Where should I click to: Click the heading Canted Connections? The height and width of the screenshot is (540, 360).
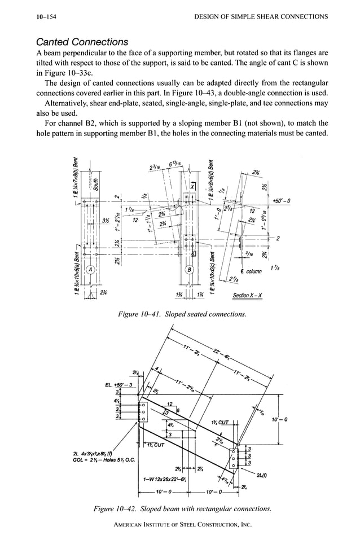coord(82,42)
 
